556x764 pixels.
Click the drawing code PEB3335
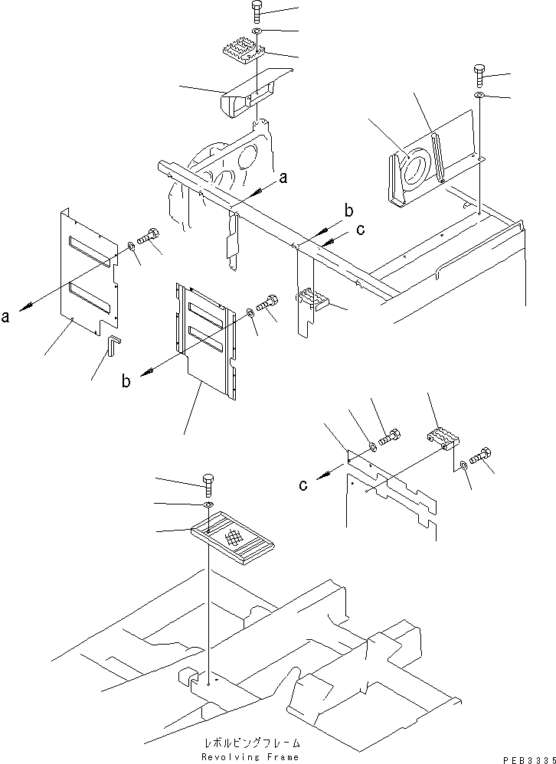[528, 759]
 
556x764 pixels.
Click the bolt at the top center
[256, 11]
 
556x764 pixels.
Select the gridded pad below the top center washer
[243, 52]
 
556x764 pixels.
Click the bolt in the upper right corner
[479, 73]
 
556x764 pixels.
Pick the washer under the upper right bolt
[479, 95]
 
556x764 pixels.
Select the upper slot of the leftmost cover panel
[90, 251]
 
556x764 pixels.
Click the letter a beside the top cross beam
[283, 178]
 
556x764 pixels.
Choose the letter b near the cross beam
[348, 211]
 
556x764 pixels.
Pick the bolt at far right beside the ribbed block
[482, 456]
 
